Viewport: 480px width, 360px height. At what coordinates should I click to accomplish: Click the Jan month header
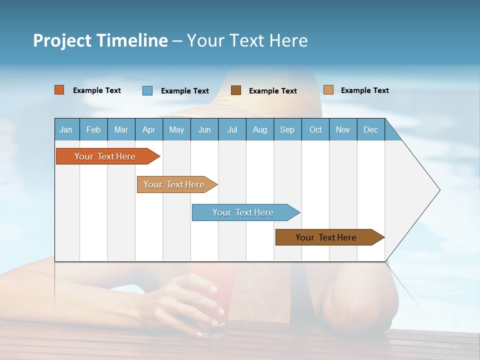point(66,129)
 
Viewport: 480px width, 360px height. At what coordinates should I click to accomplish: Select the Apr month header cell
point(149,129)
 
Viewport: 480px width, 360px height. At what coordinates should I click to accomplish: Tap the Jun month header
point(204,129)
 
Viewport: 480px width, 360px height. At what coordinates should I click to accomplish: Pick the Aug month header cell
point(260,129)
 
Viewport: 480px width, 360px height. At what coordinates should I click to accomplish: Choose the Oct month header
point(315,129)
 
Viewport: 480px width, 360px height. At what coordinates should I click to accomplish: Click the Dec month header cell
point(371,129)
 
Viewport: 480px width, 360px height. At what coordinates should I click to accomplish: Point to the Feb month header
point(93,129)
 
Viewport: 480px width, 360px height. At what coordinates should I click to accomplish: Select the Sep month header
point(287,129)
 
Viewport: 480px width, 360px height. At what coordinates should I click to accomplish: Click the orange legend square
point(59,90)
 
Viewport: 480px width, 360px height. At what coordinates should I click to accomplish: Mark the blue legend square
point(147,90)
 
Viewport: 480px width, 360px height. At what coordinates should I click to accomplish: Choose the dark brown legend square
point(236,90)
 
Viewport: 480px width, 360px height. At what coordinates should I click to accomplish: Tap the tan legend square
point(328,90)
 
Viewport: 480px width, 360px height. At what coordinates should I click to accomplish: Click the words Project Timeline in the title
point(100,40)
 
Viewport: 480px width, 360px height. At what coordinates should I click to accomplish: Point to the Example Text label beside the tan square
point(364,90)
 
